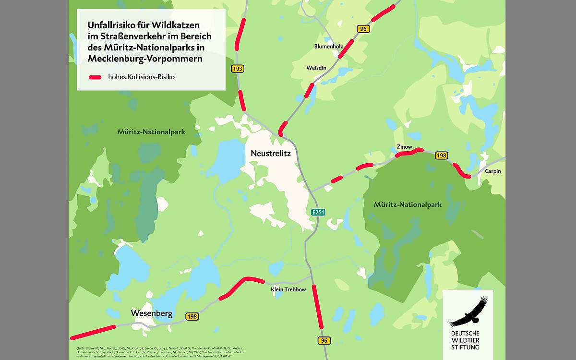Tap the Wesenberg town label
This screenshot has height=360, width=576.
click(x=151, y=313)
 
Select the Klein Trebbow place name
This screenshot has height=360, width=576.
click(x=288, y=289)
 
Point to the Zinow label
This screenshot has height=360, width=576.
click(x=404, y=146)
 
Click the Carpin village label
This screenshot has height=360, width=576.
click(x=492, y=171)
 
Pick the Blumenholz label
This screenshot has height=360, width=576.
click(x=328, y=47)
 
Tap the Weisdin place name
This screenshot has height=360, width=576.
click(x=316, y=68)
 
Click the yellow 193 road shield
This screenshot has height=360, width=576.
click(x=237, y=69)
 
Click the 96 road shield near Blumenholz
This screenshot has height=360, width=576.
click(x=363, y=29)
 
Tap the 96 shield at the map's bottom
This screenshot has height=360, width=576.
click(x=324, y=340)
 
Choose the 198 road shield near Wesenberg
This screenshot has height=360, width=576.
click(x=192, y=316)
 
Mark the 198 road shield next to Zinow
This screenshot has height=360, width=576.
click(x=441, y=155)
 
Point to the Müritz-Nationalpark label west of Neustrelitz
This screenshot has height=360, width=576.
click(x=151, y=131)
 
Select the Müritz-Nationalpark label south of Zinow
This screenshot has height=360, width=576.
click(x=408, y=204)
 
